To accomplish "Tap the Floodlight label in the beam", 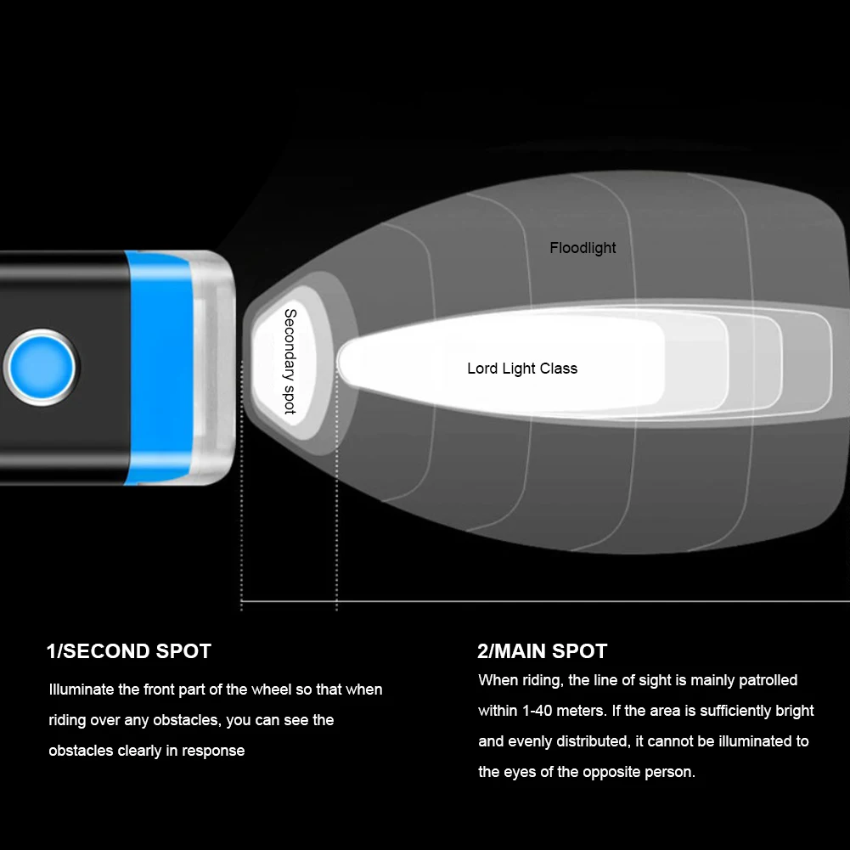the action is [583, 248].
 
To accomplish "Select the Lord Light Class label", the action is [521, 369].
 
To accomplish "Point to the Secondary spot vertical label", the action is [290, 362].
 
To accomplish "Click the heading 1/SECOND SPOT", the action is [128, 651].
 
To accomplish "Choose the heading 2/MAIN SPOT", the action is [542, 651].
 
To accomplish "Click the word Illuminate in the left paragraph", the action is [82, 690].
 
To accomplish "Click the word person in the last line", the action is [670, 772].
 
